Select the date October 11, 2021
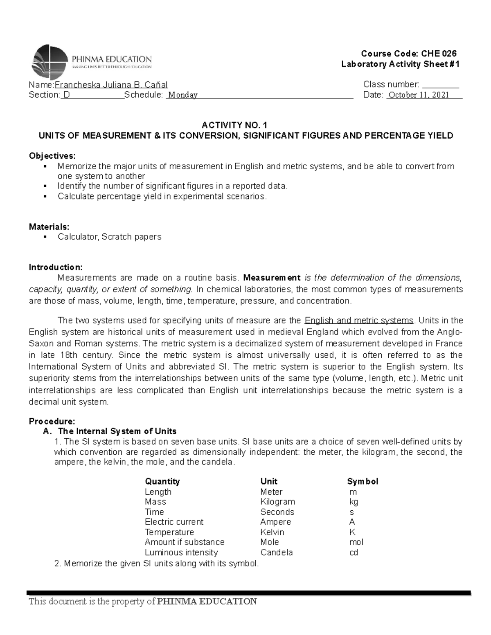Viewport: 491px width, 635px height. [x=419, y=95]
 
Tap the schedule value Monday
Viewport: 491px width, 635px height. [x=183, y=95]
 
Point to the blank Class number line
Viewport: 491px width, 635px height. [x=440, y=86]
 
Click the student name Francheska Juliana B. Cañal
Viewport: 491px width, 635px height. [x=111, y=85]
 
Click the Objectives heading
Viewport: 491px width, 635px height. [x=52, y=156]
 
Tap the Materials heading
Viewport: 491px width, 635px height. [x=49, y=227]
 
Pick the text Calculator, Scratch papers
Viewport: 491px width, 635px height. [x=109, y=237]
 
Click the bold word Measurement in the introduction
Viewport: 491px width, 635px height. [x=272, y=278]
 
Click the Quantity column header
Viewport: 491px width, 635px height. [x=162, y=481]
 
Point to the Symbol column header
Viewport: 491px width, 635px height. [x=363, y=481]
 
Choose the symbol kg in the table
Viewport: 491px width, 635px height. [x=354, y=502]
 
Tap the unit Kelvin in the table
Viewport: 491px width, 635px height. [x=272, y=532]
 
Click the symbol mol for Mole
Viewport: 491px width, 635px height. [x=356, y=542]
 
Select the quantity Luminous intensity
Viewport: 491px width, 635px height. [x=181, y=552]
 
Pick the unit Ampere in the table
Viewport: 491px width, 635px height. [x=275, y=522]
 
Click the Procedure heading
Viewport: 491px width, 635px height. [x=52, y=421]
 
